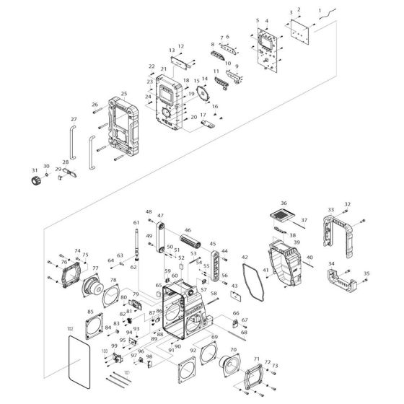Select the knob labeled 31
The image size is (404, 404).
tap(34, 179)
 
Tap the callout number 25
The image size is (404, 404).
tap(123, 94)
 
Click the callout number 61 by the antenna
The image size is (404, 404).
tap(136, 222)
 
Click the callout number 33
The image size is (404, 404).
tap(331, 209)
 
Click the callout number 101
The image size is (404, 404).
tap(127, 373)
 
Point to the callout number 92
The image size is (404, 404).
tap(193, 351)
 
